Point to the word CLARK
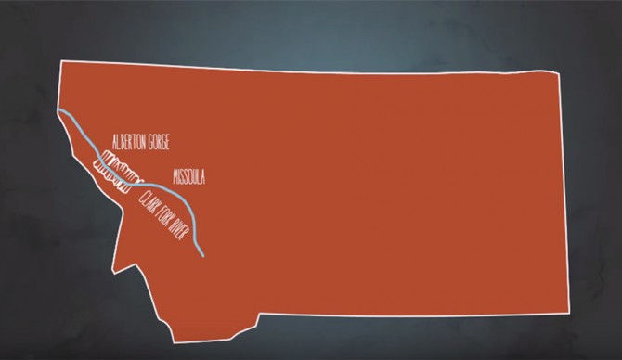point(149,203)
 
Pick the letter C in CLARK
point(141,195)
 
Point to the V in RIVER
point(186,239)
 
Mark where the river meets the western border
point(59,112)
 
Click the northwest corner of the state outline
point(61,61)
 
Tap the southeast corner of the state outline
point(568,313)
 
